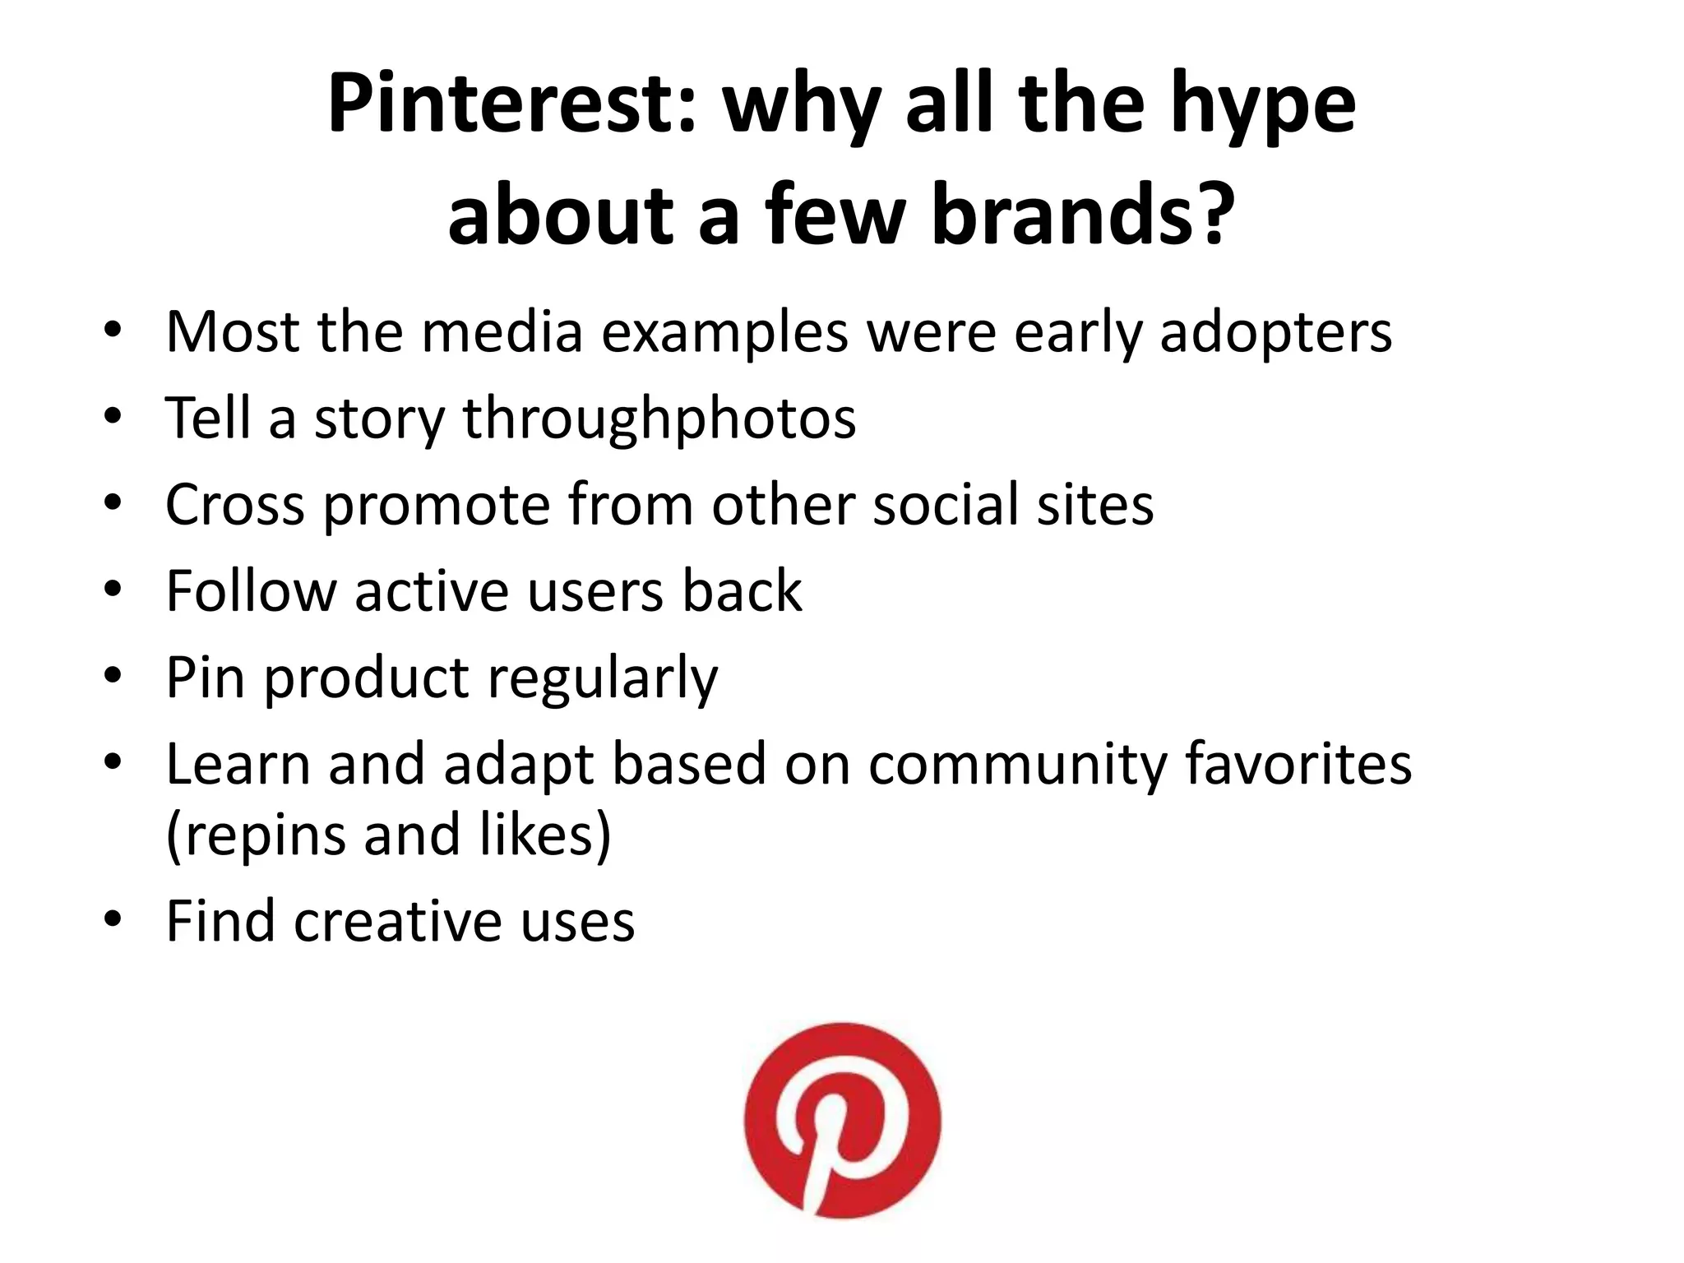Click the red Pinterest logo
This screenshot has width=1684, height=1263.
pos(842,1120)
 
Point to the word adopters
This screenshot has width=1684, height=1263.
pos(1275,334)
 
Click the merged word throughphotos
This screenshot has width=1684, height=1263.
pos(659,419)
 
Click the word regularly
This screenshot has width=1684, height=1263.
pos(602,679)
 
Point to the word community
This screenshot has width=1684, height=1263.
pos(1017,766)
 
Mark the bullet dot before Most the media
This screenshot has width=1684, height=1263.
pos(113,331)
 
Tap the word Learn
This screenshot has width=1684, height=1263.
pos(238,764)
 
